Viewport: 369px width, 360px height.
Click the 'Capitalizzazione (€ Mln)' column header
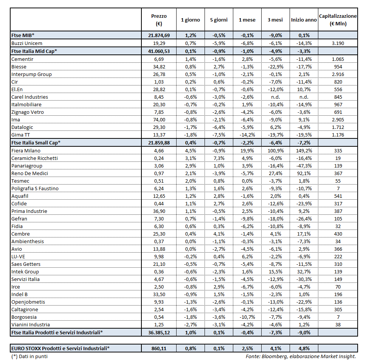coord(338,20)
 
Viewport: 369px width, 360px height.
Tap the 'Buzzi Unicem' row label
coord(27,43)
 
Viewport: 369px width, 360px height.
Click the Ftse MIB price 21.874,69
coord(159,36)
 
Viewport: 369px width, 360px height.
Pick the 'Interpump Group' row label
coord(31,74)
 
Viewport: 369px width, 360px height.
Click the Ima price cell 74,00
coord(159,120)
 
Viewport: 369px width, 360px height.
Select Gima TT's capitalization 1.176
coord(338,135)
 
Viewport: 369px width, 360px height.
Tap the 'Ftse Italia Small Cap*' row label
coord(36,143)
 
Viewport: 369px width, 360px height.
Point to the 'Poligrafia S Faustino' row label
coord(35,188)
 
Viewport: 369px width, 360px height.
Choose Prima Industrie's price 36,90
coord(159,211)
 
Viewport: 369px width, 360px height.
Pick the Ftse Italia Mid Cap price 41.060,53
coord(159,51)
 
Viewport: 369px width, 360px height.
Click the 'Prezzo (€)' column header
coord(159,20)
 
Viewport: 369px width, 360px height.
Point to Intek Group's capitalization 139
coord(338,272)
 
